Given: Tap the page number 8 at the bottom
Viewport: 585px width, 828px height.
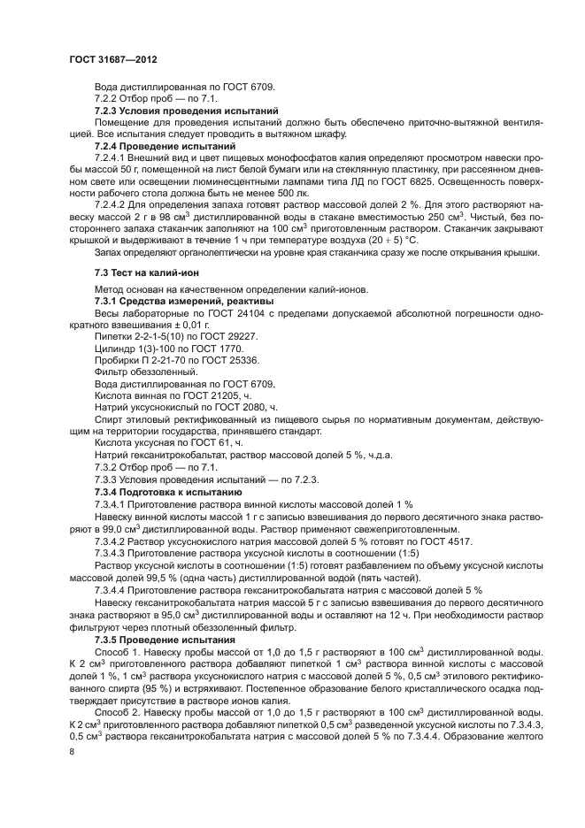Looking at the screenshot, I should (x=73, y=751).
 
